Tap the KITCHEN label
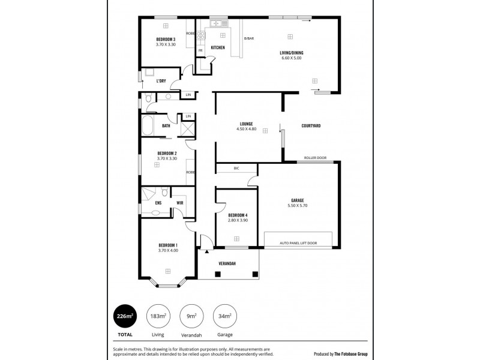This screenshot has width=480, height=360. tap(218, 47)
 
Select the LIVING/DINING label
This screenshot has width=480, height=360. tap(291, 53)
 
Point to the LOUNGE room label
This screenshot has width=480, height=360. tap(246, 124)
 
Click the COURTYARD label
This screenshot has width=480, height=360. tap(311, 125)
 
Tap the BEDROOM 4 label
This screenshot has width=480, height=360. tap(238, 215)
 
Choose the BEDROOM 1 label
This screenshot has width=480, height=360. tap(168, 245)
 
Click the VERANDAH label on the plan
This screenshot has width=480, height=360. tap(227, 264)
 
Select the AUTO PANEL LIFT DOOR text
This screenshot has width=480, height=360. tap(298, 243)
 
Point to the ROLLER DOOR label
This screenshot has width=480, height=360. tap(315, 158)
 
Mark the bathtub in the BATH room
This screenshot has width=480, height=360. tap(148, 126)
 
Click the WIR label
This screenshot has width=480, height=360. tap(179, 203)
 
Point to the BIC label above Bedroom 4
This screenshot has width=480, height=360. tap(236, 169)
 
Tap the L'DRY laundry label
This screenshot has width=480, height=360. tap(161, 80)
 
